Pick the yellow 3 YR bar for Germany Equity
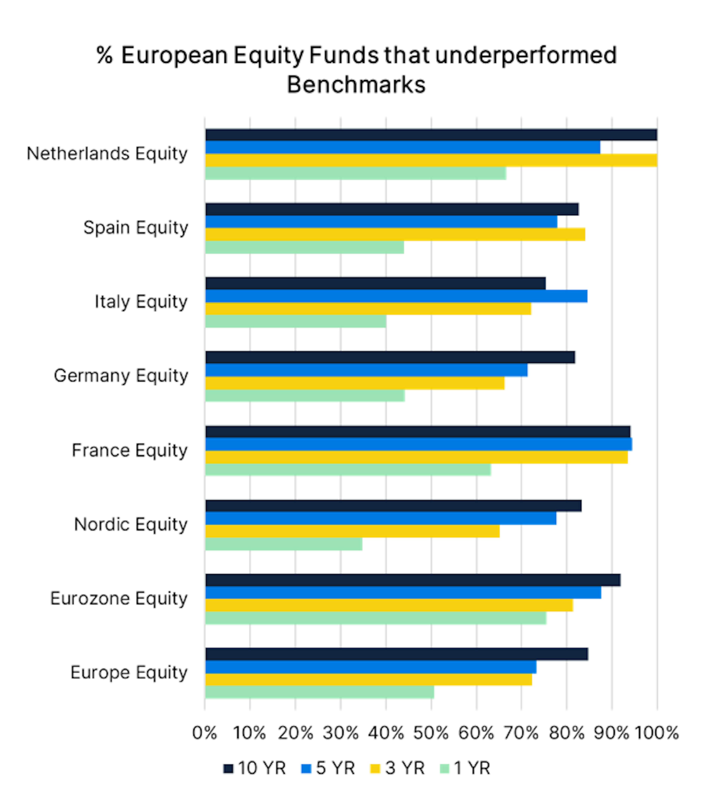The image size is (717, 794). click(355, 383)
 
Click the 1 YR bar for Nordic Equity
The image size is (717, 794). click(284, 544)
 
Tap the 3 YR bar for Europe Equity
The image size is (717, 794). click(368, 679)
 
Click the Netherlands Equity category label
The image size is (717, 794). click(107, 154)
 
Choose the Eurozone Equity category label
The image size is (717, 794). click(119, 599)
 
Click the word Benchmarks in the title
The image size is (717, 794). click(356, 85)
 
